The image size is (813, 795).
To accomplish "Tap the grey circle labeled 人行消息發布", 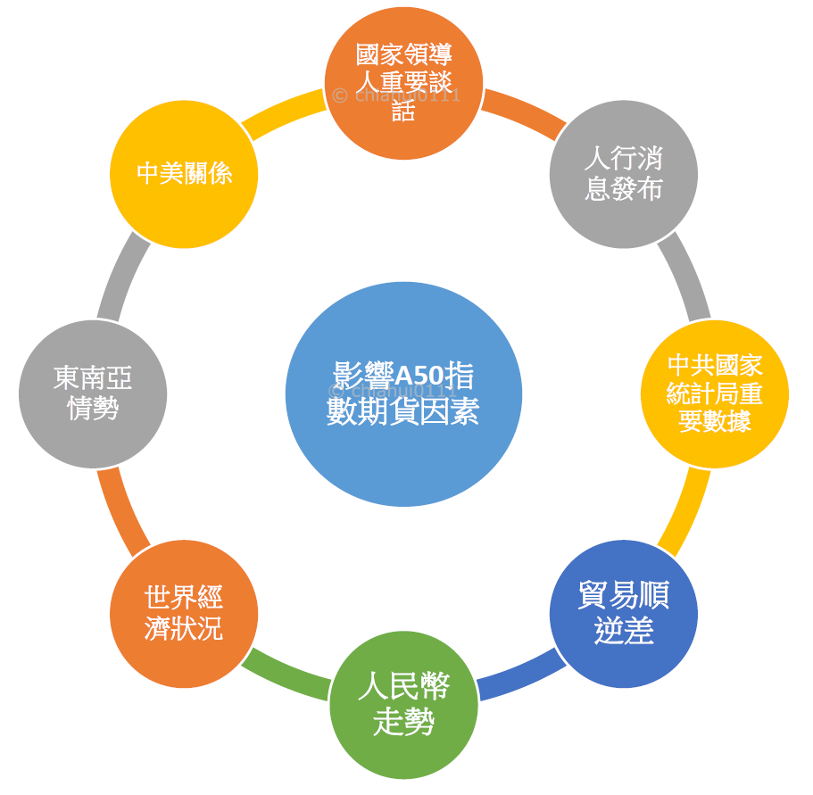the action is (x=623, y=174).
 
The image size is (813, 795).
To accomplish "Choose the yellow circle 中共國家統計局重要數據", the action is (x=715, y=393).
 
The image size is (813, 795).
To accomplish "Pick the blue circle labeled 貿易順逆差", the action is (x=623, y=614).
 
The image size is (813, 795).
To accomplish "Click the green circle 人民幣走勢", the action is (x=403, y=705).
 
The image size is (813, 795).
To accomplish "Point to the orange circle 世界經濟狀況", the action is (x=184, y=614).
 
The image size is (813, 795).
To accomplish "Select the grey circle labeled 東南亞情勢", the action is (x=93, y=393).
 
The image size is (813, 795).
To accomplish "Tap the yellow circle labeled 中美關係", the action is (x=184, y=174).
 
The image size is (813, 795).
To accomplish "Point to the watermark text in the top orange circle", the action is (x=396, y=95).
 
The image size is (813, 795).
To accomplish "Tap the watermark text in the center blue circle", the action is (x=393, y=392).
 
